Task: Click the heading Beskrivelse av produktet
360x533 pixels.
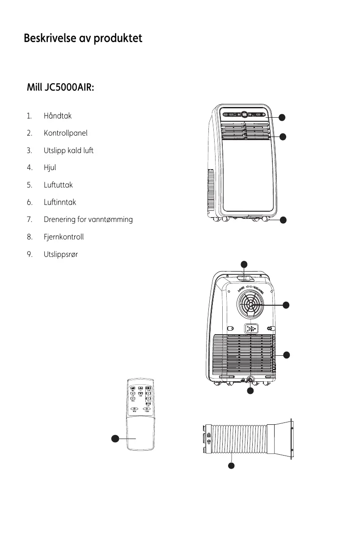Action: [83, 38]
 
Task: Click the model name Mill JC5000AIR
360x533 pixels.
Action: [60, 87]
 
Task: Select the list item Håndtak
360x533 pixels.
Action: [58, 116]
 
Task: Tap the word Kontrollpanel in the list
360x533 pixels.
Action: [65, 133]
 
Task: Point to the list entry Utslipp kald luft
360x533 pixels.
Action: [68, 150]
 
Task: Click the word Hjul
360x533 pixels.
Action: [50, 168]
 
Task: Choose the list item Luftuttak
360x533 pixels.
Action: [58, 185]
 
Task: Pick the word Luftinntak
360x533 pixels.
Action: [60, 202]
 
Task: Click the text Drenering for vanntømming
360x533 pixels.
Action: [88, 220]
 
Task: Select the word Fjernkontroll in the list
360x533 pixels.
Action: [64, 237]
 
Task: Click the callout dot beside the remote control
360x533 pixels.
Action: [115, 439]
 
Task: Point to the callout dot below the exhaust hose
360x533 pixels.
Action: [231, 466]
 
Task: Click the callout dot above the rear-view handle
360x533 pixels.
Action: [244, 263]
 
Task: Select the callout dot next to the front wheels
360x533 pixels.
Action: [283, 220]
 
